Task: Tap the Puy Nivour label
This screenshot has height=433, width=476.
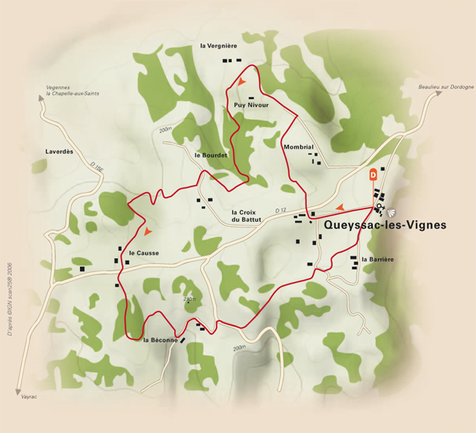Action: (251, 105)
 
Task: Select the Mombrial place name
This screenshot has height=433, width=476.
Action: (298, 147)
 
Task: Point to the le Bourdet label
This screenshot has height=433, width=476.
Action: (212, 156)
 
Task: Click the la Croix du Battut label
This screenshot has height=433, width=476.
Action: (246, 215)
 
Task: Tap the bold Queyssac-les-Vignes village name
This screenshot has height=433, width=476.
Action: (384, 226)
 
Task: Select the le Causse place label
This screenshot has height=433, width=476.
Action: (144, 253)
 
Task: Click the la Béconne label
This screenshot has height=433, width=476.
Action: (160, 341)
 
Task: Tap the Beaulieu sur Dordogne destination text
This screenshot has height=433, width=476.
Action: (447, 87)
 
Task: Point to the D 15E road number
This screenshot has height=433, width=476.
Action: (97, 169)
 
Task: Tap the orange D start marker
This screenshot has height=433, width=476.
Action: (373, 175)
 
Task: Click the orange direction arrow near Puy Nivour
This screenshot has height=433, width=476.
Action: (242, 82)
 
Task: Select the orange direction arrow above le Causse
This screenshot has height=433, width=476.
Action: (149, 231)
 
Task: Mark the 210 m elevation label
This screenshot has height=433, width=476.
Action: (189, 298)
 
